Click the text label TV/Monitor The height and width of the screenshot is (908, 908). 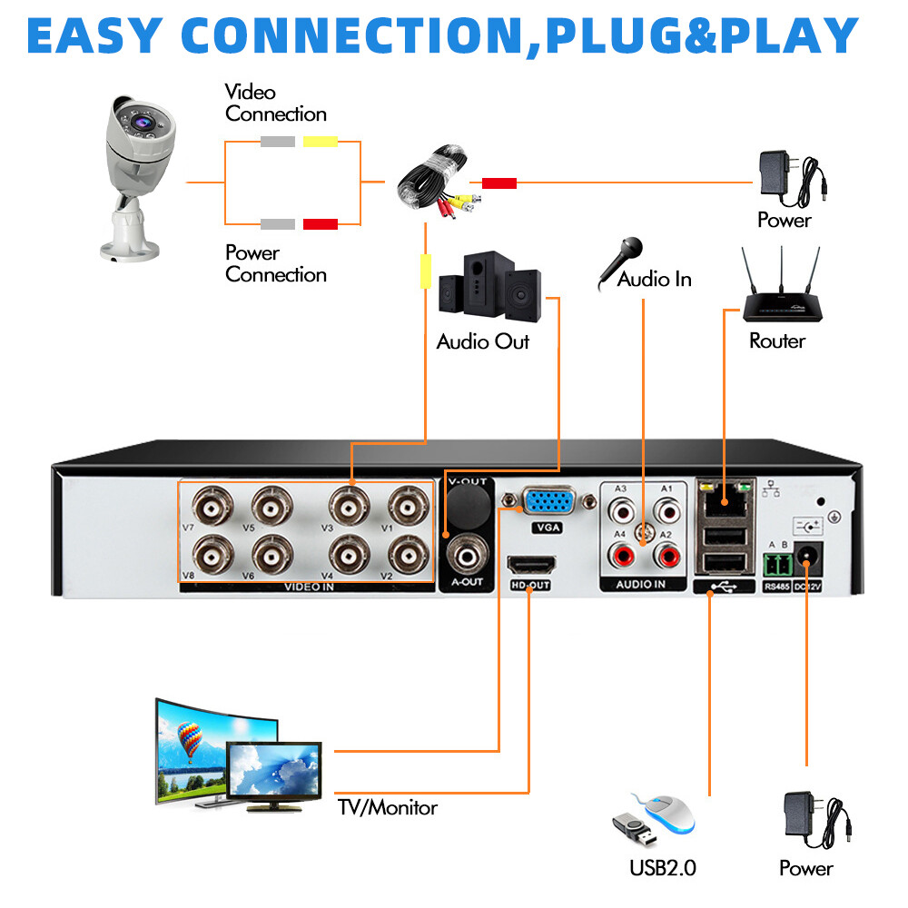388,807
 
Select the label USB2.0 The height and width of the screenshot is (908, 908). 663,867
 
